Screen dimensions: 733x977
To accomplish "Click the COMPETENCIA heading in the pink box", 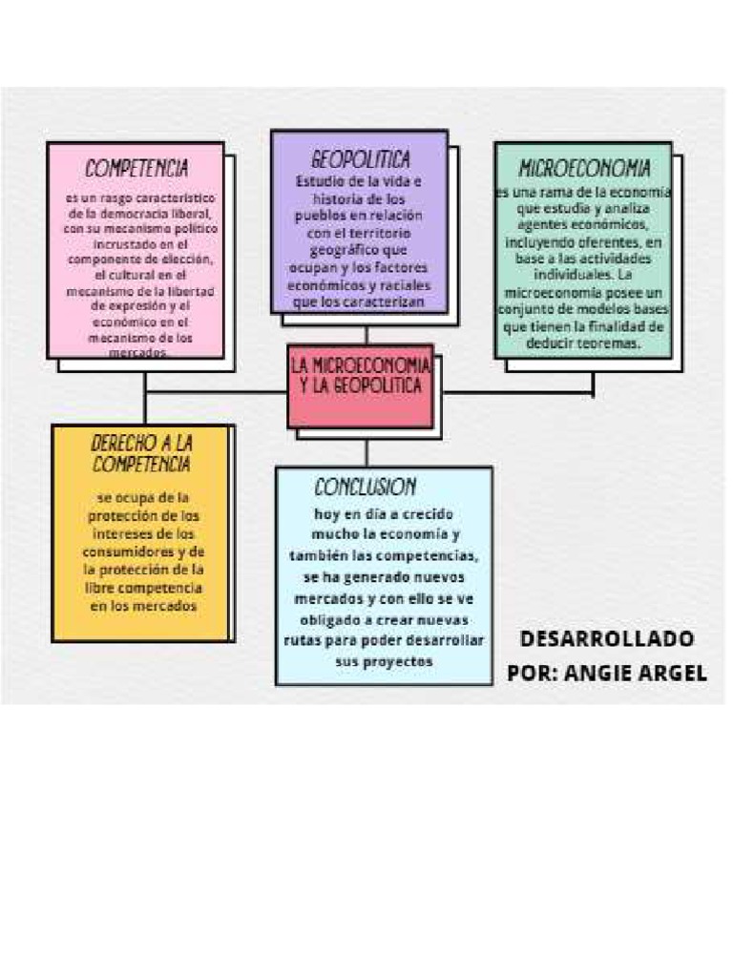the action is pos(136,169).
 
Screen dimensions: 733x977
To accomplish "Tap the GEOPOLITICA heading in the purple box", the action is pos(360,157).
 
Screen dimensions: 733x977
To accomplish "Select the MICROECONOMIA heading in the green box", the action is pos(584,169).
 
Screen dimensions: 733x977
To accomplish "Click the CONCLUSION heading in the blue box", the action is pos(365,487).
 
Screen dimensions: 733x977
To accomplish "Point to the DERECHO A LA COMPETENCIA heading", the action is pos(141,454).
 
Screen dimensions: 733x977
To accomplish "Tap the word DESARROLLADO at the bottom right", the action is pos(607,638).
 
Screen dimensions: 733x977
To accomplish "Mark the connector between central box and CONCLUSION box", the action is pos(366,452).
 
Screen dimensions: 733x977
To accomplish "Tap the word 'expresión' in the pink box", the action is pos(126,306).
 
